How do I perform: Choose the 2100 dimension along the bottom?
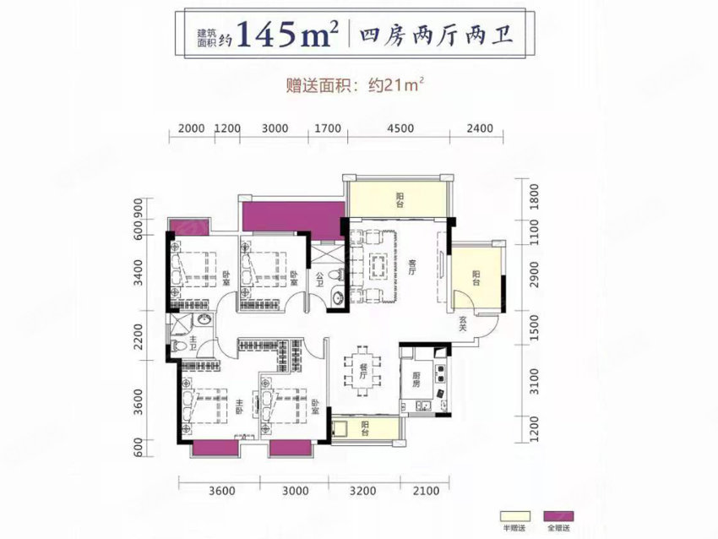(428, 489)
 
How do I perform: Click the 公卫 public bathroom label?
(320, 278)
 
